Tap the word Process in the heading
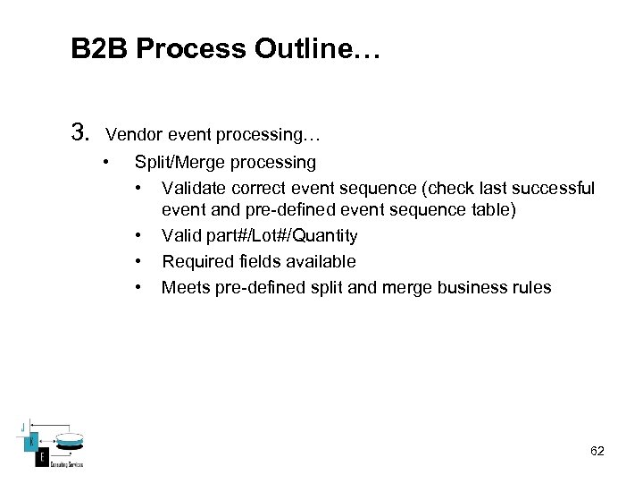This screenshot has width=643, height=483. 192,49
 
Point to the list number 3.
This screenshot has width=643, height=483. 79,134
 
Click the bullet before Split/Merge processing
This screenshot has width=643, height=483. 106,163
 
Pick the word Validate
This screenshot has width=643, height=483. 194,188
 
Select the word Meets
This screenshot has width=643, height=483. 184,288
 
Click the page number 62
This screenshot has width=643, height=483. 597,452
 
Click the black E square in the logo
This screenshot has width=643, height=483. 41,458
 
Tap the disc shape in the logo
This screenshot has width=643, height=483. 68,440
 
